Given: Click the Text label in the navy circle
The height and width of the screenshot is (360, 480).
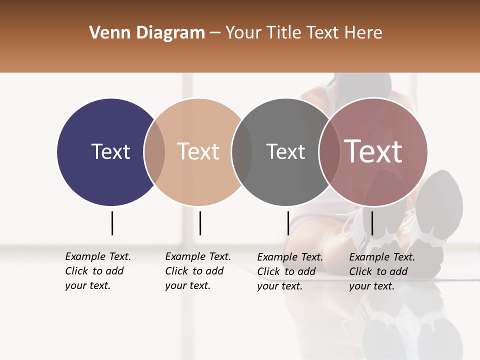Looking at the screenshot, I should (110, 151).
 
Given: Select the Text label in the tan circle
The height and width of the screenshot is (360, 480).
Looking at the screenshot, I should (198, 151).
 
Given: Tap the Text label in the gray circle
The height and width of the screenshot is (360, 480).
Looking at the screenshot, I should (285, 151).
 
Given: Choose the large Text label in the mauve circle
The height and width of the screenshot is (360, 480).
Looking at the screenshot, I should (373, 151).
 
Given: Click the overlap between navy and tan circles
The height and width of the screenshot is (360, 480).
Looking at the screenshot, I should (154, 152).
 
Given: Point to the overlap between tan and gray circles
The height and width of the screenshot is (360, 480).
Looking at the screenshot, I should (242, 152).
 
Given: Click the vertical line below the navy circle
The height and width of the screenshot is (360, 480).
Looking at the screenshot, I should (112, 223).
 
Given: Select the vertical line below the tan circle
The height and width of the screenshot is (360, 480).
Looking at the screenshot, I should (200, 223).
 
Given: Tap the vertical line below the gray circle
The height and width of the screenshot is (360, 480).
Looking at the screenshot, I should (288, 223).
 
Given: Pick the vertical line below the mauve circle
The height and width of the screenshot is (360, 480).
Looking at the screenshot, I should (372, 223).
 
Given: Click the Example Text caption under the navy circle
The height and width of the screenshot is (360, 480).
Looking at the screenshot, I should (98, 271).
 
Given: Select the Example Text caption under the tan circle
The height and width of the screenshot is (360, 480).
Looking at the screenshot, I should (198, 271).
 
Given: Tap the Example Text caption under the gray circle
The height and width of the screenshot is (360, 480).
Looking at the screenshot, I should (290, 271).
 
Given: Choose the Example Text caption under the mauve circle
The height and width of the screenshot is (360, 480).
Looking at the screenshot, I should (382, 271).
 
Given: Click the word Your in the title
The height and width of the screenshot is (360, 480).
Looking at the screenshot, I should (243, 33).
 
